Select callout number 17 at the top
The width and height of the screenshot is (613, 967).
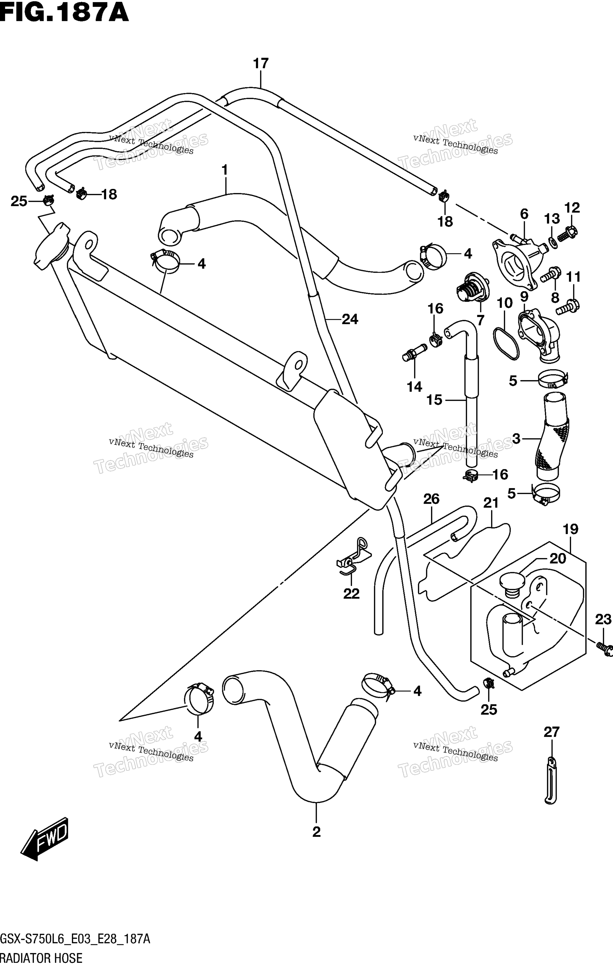(x=260, y=63)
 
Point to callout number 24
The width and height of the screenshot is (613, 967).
(x=350, y=319)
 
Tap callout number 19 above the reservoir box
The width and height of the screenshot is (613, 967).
(x=571, y=529)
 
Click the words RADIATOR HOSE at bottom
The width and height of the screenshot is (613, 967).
(x=41, y=959)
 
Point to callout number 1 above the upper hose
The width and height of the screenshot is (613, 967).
(x=225, y=170)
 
